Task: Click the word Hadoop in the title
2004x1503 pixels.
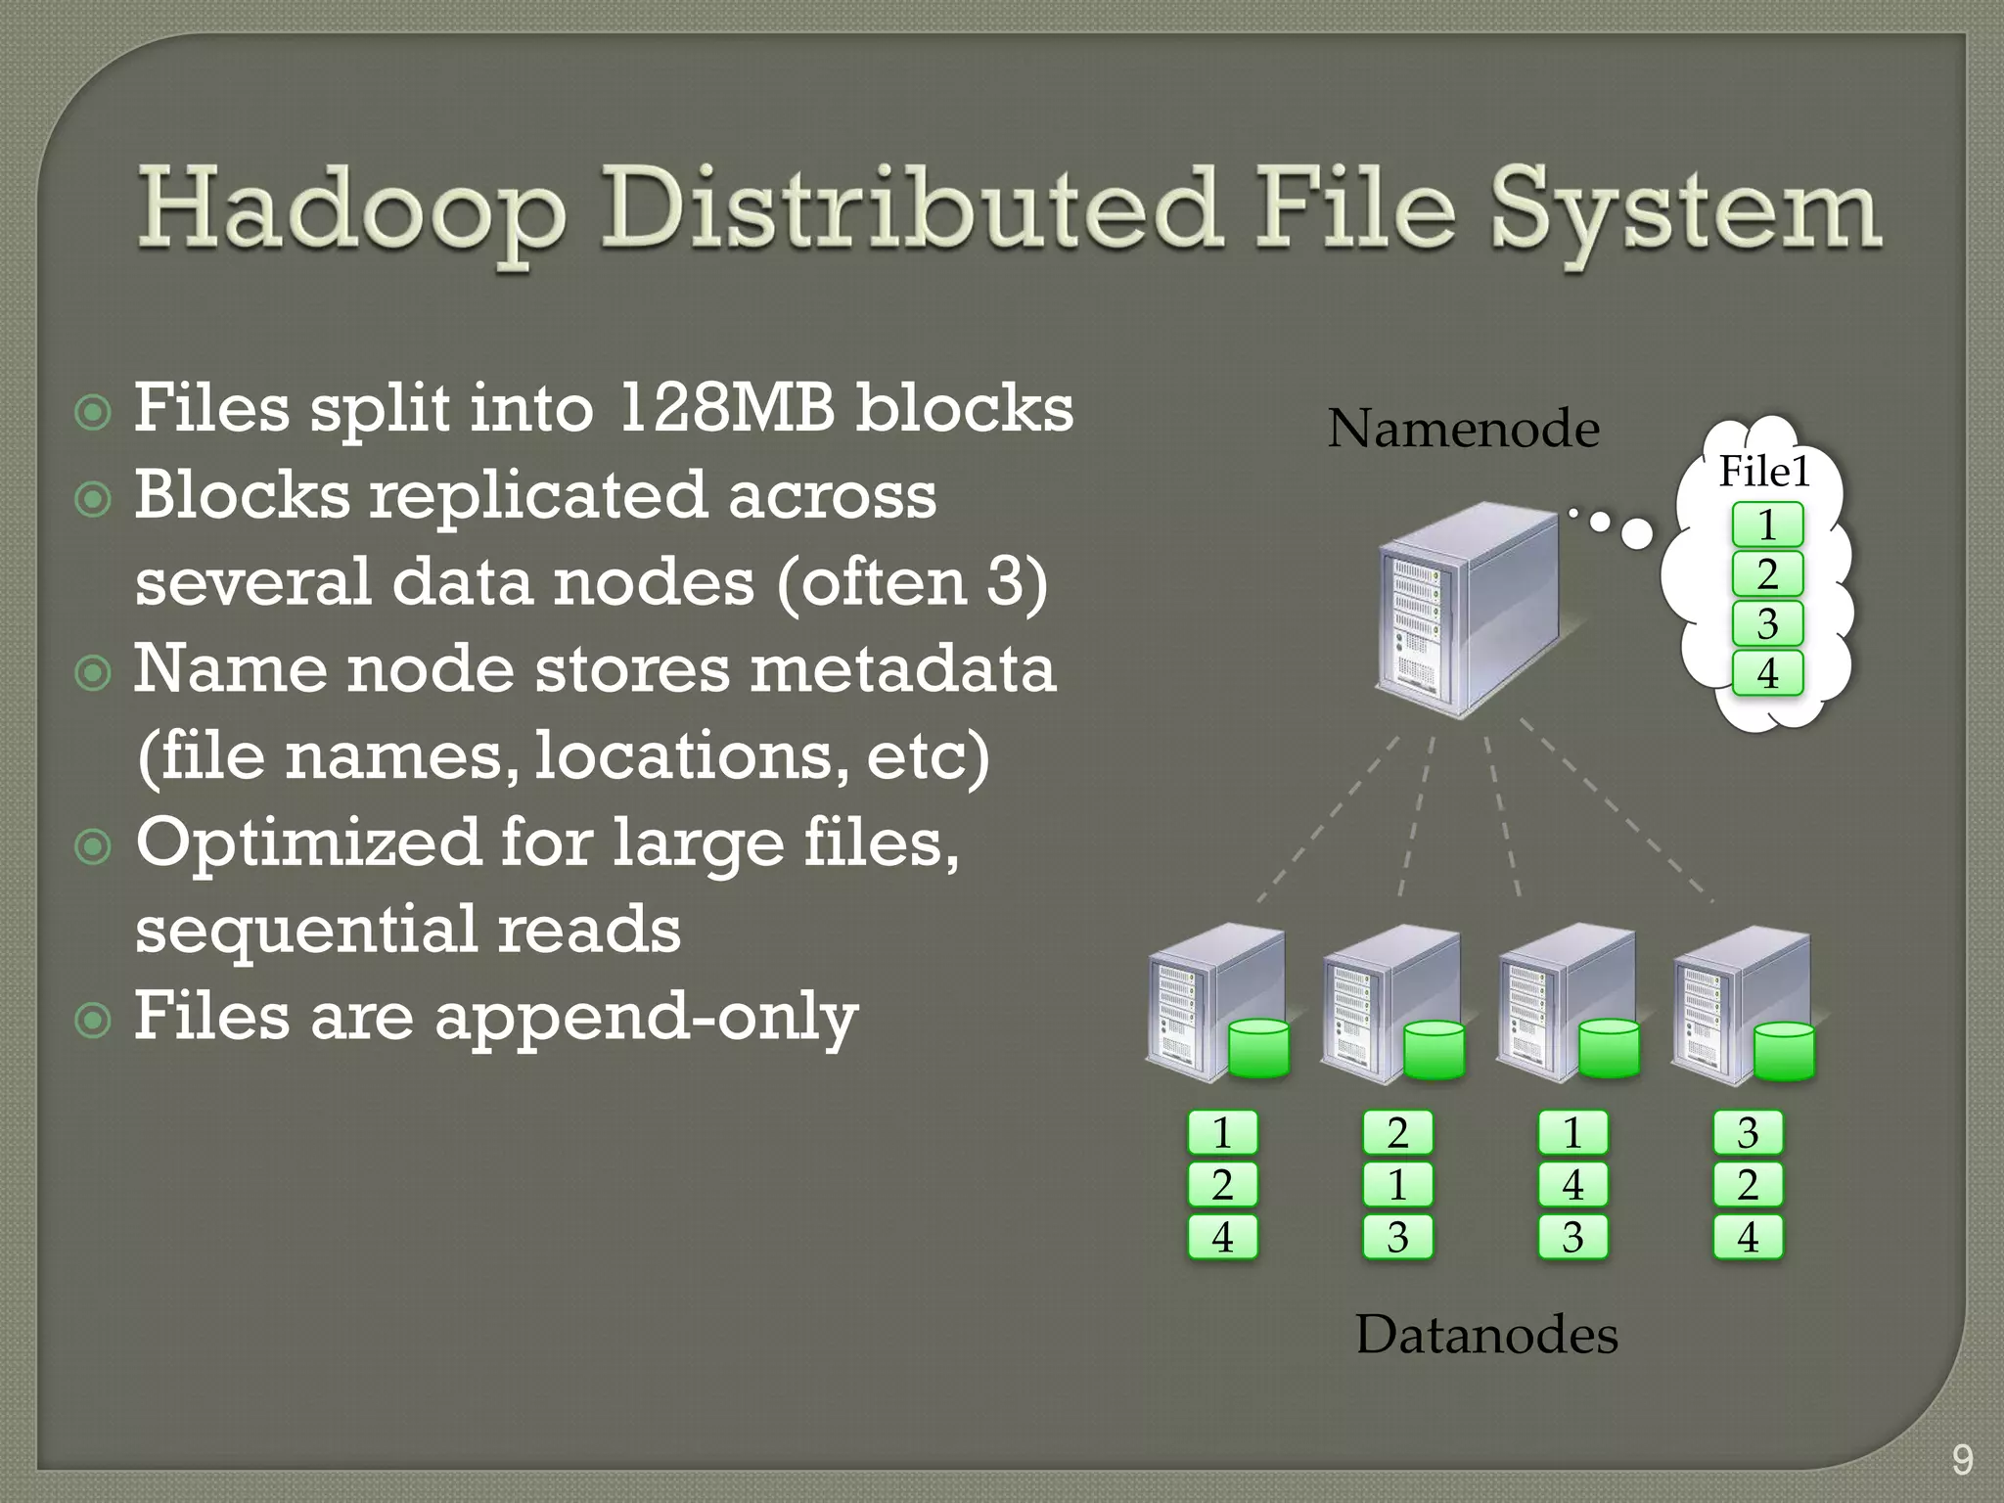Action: point(351,211)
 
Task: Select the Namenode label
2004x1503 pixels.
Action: point(1463,429)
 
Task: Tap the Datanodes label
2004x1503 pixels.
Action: point(1486,1334)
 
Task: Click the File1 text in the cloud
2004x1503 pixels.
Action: point(1765,472)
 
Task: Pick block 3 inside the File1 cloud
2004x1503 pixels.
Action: point(1767,623)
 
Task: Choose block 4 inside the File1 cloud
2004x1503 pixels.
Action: point(1767,673)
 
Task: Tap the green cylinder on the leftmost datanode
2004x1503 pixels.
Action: point(1258,1048)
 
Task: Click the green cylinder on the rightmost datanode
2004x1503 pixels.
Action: point(1784,1051)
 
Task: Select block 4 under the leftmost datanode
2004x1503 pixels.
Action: point(1222,1237)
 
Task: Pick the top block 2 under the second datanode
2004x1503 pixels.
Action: point(1397,1133)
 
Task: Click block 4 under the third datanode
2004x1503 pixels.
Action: point(1572,1185)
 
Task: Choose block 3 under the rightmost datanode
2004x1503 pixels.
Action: point(1748,1133)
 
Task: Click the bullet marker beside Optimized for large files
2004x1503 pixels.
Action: point(94,845)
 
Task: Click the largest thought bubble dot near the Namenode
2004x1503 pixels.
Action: point(1637,533)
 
